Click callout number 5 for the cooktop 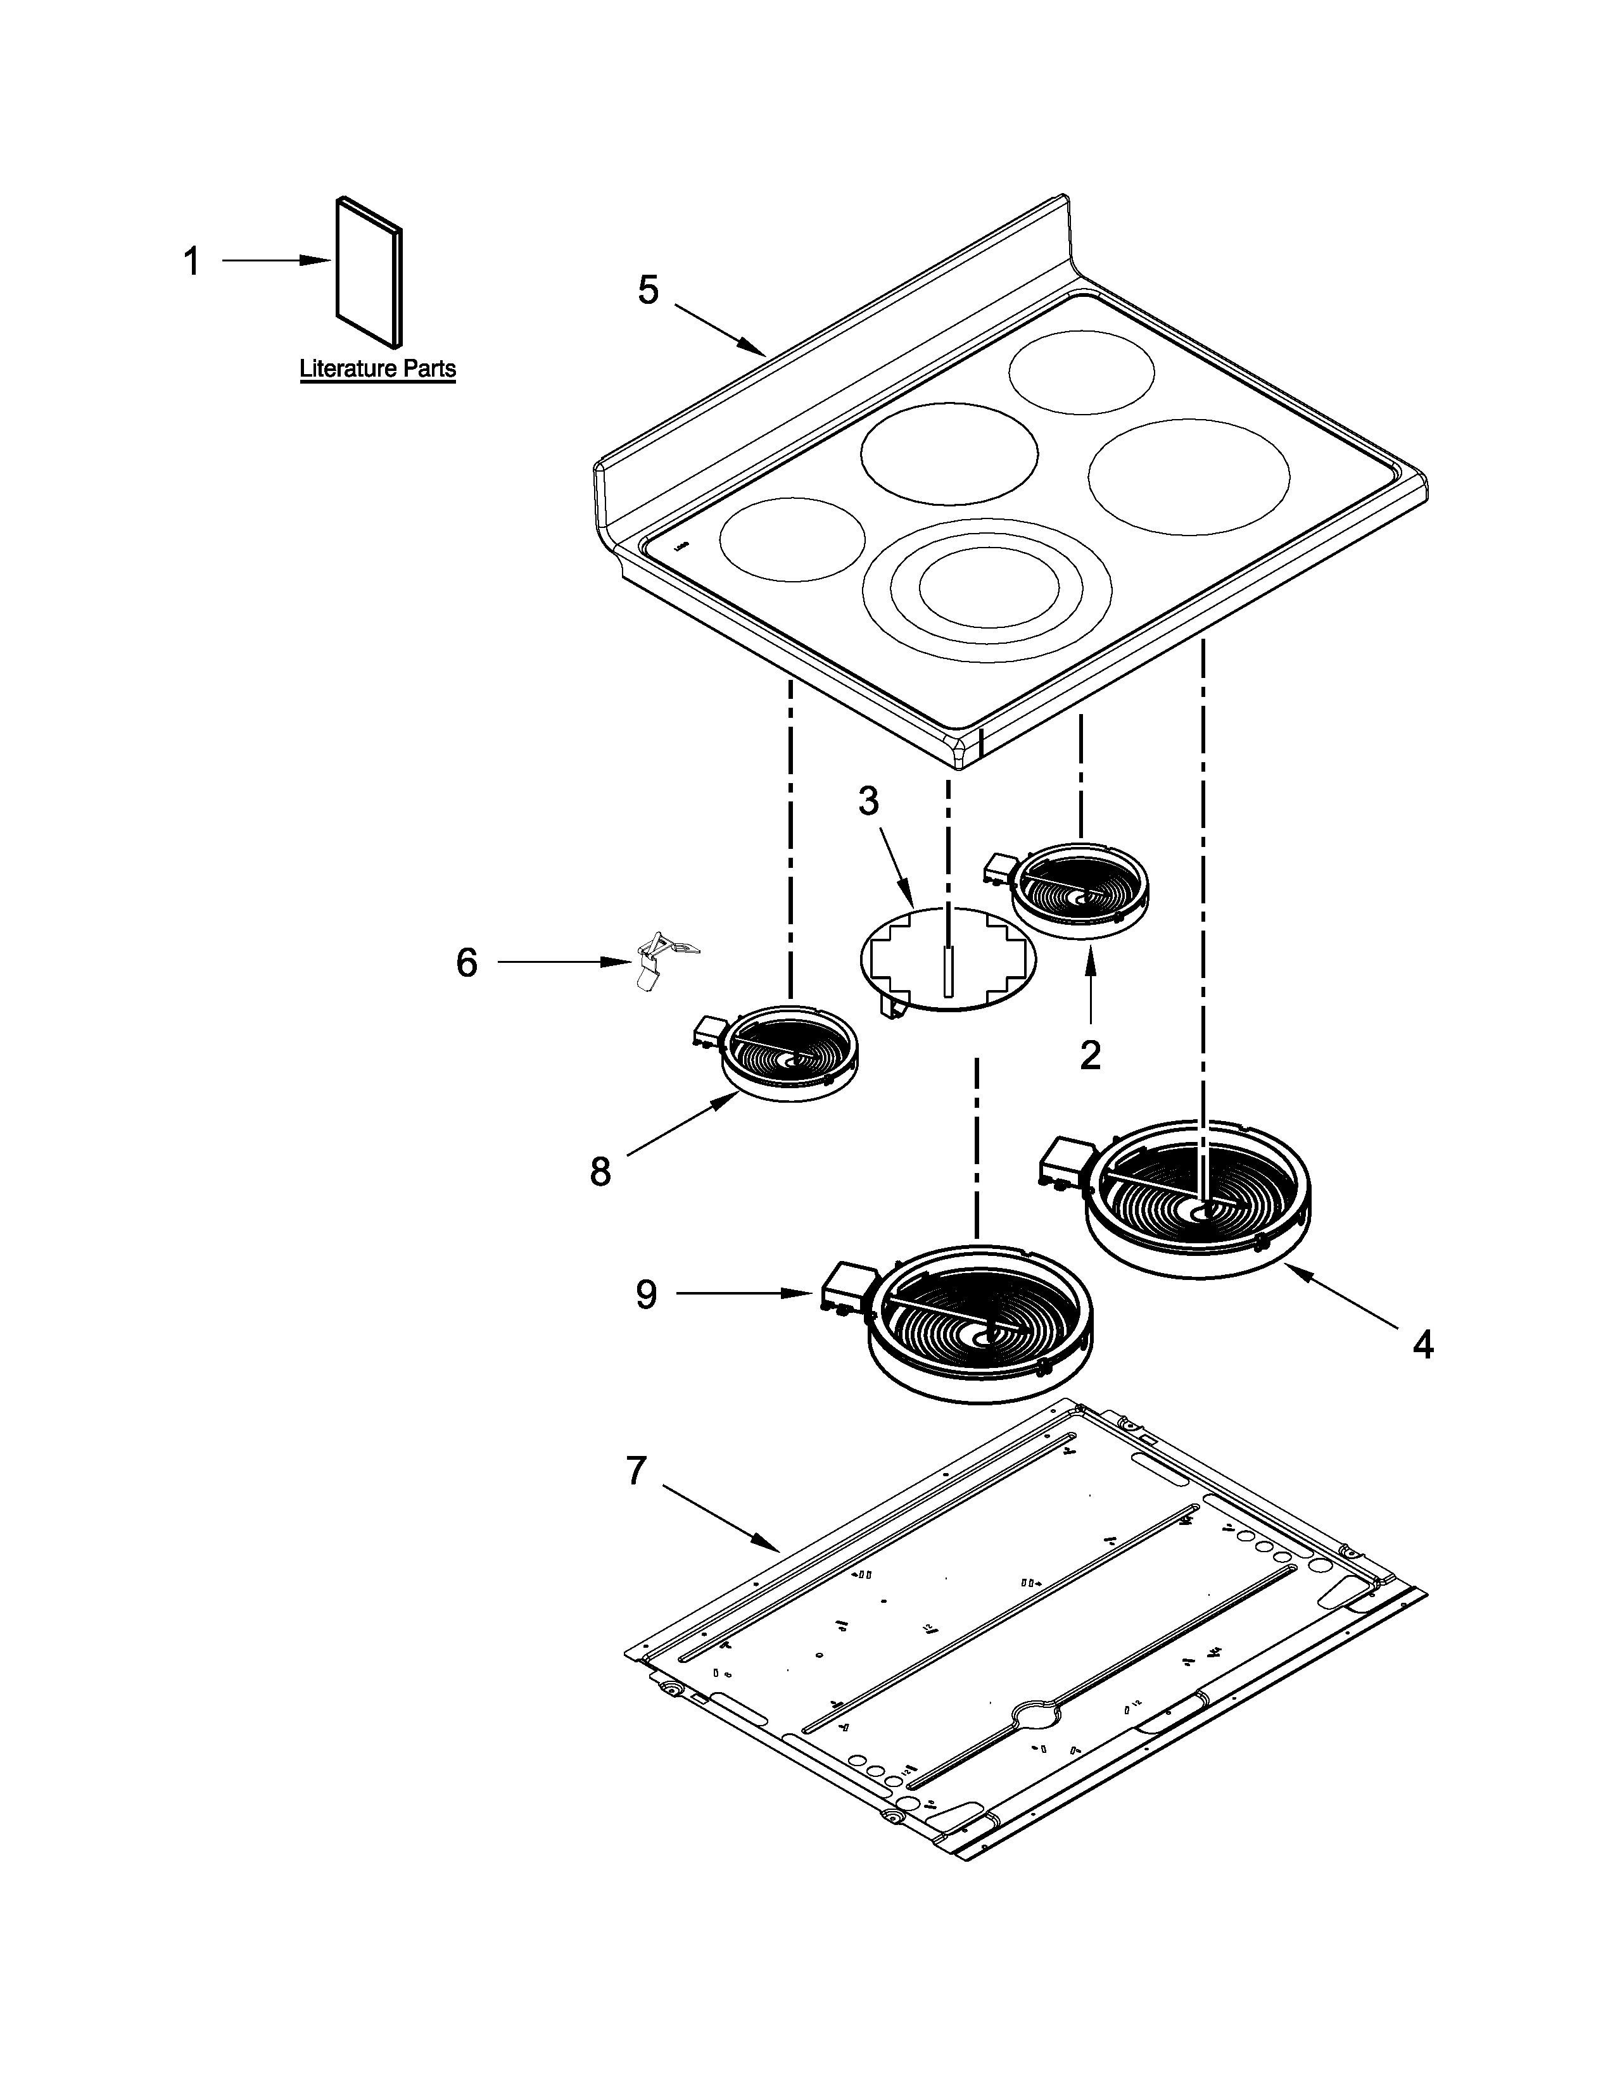(649, 291)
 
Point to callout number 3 (868, 801)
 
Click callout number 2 (1090, 1055)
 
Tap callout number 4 (1422, 1346)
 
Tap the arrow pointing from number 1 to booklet (277, 260)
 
